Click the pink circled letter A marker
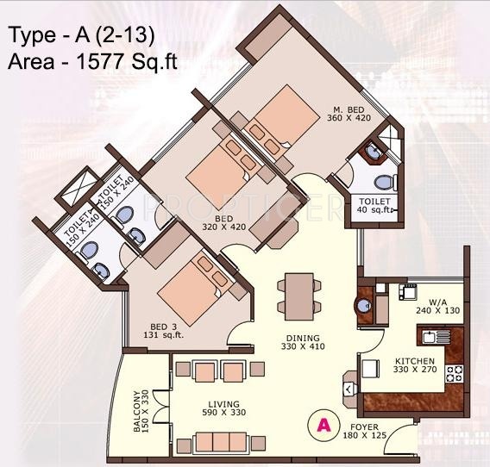(x=322, y=424)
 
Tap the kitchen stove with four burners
(x=454, y=373)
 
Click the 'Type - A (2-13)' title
(x=83, y=36)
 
